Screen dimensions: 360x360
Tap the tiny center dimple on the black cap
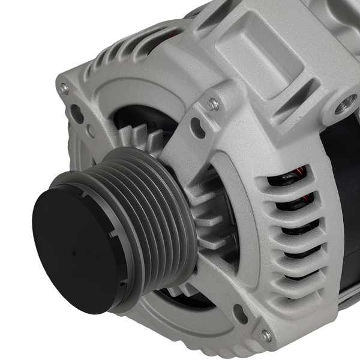74,253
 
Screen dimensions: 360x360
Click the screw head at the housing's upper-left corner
65,89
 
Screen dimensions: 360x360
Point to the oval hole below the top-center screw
197,127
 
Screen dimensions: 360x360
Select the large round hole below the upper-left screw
77,114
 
